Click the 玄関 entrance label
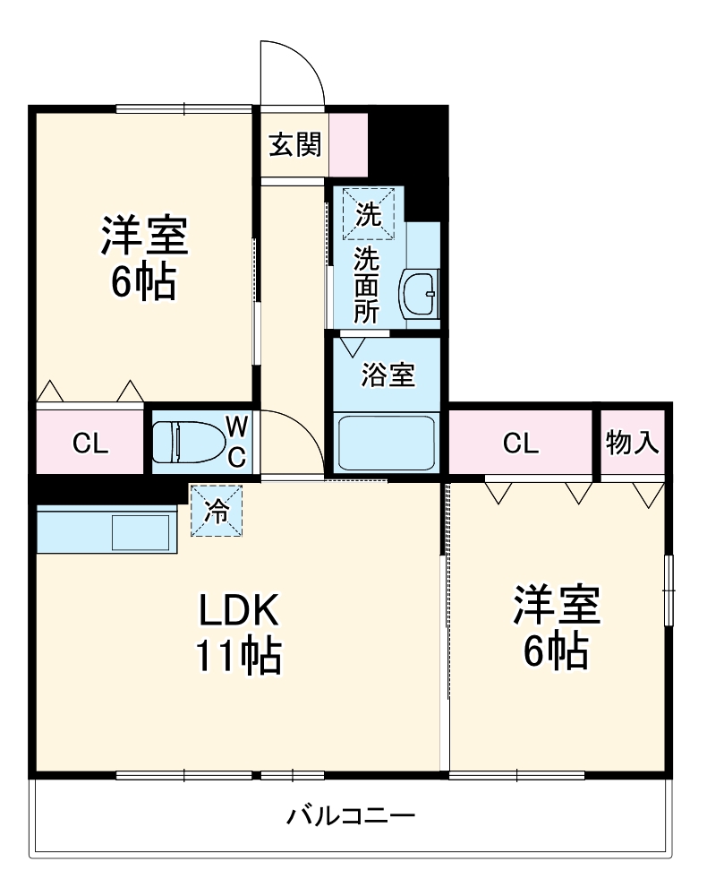point(294,143)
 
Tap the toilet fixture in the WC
point(186,441)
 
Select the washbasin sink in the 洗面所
point(418,292)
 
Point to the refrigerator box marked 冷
point(216,511)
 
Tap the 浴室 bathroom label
point(388,375)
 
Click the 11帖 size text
point(239,658)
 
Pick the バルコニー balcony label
point(351,816)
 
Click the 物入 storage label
point(633,443)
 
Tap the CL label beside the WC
point(90,443)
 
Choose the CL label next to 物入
point(521,443)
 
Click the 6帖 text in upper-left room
point(142,283)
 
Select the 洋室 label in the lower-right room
point(555,606)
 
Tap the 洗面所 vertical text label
point(366,285)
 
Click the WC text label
point(235,440)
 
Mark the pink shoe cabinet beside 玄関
point(348,143)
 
